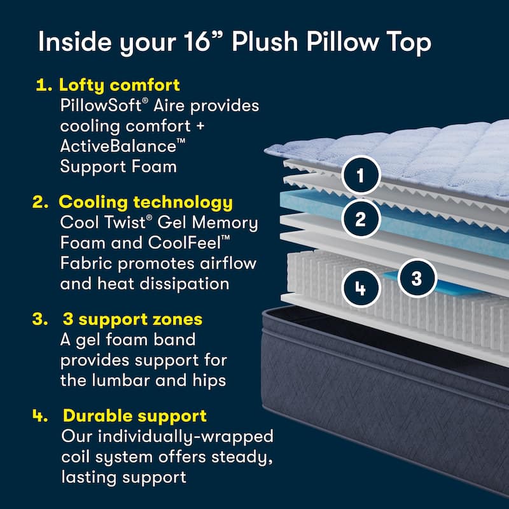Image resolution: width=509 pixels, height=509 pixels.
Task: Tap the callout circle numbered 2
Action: [361, 220]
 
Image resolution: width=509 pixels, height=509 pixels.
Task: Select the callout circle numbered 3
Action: [416, 278]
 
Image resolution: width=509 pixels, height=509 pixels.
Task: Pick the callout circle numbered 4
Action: [361, 288]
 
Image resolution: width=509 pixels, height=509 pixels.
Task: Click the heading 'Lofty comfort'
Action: [119, 85]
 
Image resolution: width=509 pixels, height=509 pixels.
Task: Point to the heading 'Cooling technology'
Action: [146, 202]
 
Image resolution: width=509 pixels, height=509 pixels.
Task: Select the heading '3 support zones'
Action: [132, 319]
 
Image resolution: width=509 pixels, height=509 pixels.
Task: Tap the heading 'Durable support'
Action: [134, 416]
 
